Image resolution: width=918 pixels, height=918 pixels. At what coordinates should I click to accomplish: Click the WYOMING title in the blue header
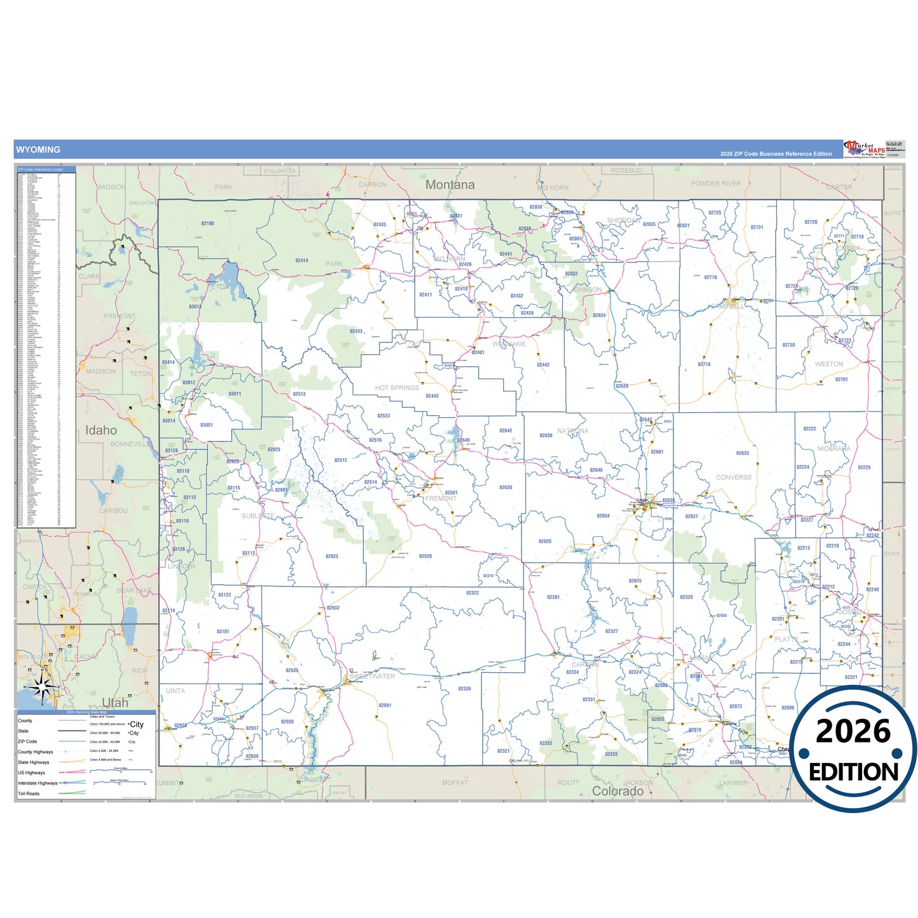point(38,150)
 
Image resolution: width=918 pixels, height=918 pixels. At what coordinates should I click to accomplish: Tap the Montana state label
point(450,185)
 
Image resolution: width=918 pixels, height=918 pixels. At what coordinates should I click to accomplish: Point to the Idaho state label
point(101,431)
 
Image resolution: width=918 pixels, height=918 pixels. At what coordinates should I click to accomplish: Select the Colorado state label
point(618,792)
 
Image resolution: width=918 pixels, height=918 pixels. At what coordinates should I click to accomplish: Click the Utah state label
point(115,703)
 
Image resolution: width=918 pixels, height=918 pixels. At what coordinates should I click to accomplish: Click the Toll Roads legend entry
point(29,793)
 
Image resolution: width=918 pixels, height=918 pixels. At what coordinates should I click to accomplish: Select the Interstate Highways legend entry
point(37,783)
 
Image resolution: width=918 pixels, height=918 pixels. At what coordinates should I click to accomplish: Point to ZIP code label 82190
point(208,224)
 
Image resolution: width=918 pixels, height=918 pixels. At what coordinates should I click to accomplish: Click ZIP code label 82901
point(385,705)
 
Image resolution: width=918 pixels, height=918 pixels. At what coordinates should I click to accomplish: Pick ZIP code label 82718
point(704,365)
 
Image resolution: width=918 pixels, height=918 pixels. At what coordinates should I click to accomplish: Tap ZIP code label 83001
point(206,425)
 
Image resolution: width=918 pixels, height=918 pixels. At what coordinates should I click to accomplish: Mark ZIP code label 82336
point(464,689)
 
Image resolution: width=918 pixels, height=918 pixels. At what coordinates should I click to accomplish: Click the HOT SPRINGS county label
point(397,388)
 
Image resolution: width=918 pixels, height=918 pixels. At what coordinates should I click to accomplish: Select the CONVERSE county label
point(734,477)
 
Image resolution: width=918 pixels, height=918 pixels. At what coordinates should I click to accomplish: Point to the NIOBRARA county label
point(834,449)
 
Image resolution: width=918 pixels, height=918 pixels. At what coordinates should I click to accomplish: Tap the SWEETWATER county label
point(372,677)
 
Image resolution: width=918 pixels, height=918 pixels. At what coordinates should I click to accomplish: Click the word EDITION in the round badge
point(853,772)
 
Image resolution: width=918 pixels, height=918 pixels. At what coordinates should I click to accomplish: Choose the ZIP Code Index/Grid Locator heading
point(41,170)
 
